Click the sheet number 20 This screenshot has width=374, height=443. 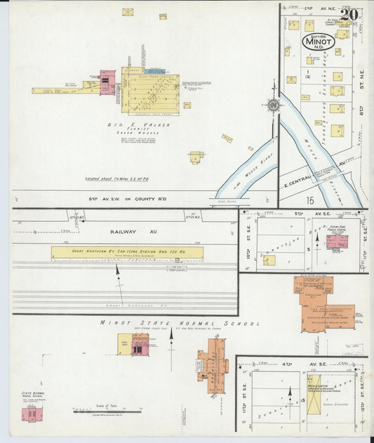(x=349, y=14)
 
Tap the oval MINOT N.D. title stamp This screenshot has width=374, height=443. (x=321, y=42)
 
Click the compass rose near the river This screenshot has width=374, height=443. (x=274, y=106)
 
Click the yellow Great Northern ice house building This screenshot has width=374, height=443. (x=127, y=252)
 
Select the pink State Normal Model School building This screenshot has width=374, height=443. (x=30, y=414)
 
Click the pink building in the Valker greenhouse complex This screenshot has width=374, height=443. (x=107, y=82)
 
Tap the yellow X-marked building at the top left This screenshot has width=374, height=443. (x=128, y=12)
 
